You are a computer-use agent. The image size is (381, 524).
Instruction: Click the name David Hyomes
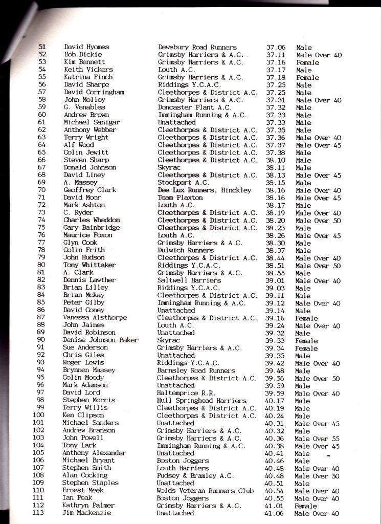pyautogui.click(x=86, y=47)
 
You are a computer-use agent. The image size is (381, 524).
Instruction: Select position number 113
pyautogui.click(x=38, y=513)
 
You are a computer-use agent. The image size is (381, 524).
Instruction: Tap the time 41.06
pyautogui.click(x=275, y=513)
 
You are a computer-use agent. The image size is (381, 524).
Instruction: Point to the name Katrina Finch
pyautogui.click(x=88, y=77)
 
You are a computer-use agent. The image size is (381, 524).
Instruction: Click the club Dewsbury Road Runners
pyautogui.click(x=197, y=47)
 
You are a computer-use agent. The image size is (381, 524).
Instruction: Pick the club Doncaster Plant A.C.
pyautogui.click(x=195, y=107)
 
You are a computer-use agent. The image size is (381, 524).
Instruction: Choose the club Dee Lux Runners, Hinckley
pyautogui.click(x=205, y=190)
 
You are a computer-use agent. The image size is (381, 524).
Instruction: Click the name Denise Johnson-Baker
pyautogui.click(x=101, y=340)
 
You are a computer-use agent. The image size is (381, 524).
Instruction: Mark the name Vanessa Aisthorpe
pyautogui.click(x=95, y=318)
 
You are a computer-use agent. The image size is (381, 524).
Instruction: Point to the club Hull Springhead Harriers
pyautogui.click(x=201, y=401)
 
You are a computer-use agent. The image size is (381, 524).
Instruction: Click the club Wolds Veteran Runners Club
pyautogui.click(x=205, y=491)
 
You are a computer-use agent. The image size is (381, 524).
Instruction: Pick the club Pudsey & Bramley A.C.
pyautogui.click(x=195, y=476)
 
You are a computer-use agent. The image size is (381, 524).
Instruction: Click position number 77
pyautogui.click(x=41, y=243)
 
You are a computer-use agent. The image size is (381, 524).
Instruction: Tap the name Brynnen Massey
pyautogui.click(x=89, y=370)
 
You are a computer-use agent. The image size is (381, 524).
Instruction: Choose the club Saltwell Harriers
pyautogui.click(x=189, y=280)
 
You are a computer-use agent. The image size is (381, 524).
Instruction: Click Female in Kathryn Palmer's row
pyautogui.click(x=306, y=506)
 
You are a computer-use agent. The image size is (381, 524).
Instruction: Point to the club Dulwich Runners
pyautogui.click(x=186, y=250)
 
